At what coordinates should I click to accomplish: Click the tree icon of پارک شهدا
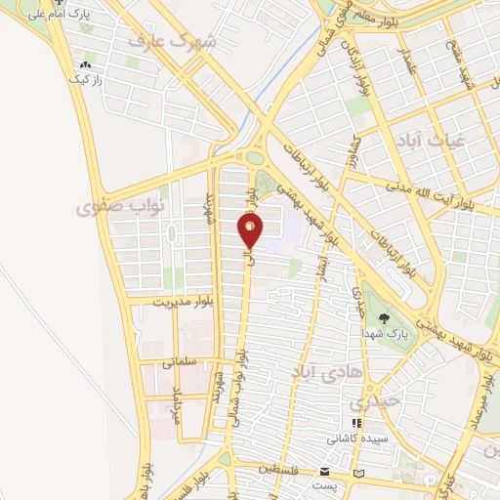pyautogui.click(x=384, y=317)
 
